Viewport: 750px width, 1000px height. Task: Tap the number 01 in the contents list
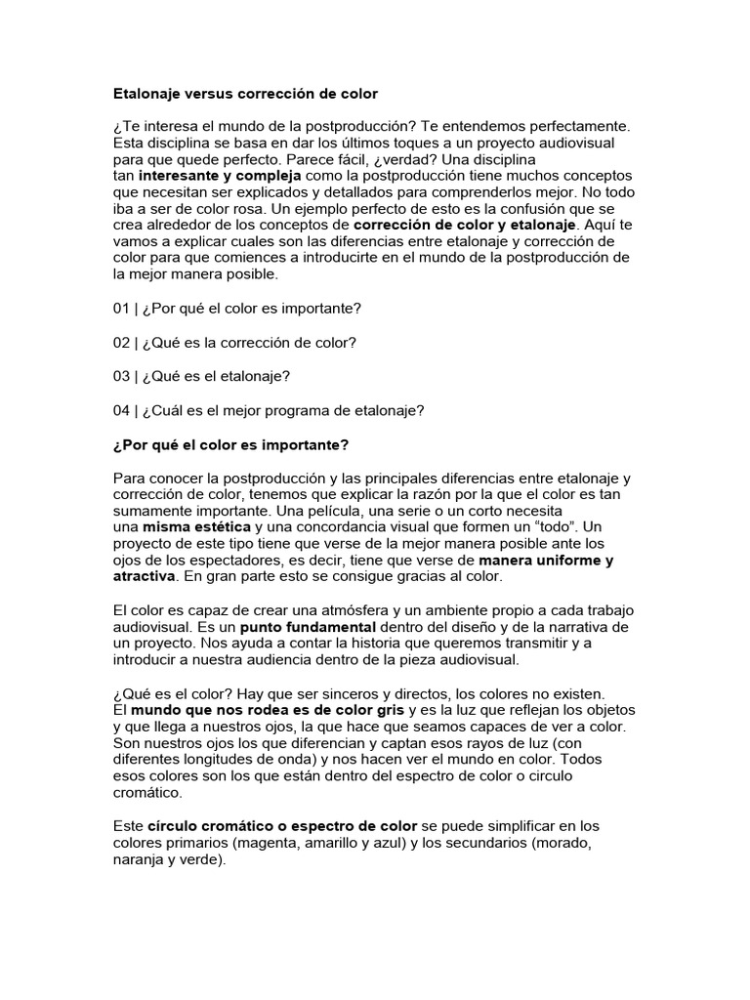click(x=122, y=309)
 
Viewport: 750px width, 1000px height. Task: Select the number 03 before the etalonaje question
click(x=122, y=376)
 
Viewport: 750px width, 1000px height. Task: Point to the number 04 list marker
click(x=122, y=410)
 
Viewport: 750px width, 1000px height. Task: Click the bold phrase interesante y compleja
click(x=220, y=177)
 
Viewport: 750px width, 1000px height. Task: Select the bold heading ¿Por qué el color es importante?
click(x=230, y=445)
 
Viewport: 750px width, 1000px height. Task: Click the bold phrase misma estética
click(x=197, y=527)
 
